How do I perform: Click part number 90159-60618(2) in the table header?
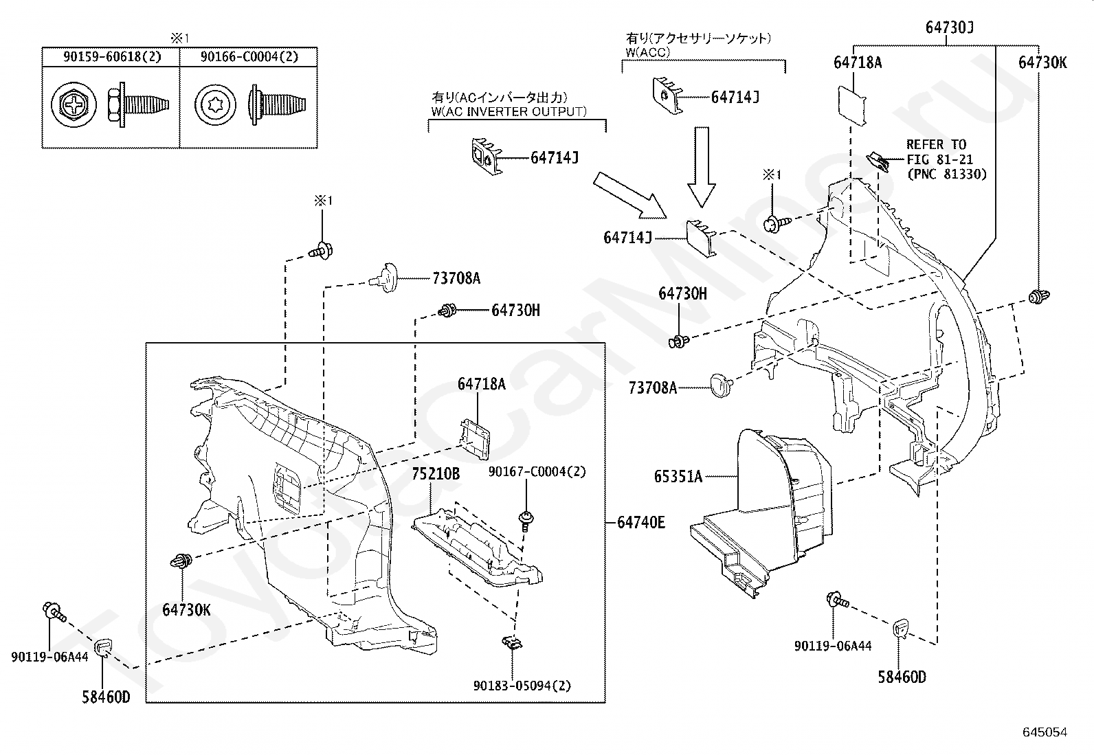click(112, 56)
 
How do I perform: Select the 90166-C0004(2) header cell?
click(249, 56)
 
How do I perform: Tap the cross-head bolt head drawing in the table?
click(74, 104)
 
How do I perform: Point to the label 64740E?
click(640, 523)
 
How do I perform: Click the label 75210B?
click(436, 474)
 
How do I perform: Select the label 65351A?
click(678, 476)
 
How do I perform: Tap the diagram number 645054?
click(1045, 732)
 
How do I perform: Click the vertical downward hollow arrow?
click(702, 167)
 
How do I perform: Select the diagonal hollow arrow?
click(630, 195)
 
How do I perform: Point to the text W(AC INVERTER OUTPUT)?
click(509, 111)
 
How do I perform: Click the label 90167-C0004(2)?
click(537, 472)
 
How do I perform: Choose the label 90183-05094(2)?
click(522, 686)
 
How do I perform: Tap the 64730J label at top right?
click(950, 27)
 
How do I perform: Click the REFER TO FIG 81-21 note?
click(946, 159)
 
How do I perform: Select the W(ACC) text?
click(647, 52)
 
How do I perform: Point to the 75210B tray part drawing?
click(477, 547)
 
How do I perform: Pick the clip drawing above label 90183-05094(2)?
click(513, 643)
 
